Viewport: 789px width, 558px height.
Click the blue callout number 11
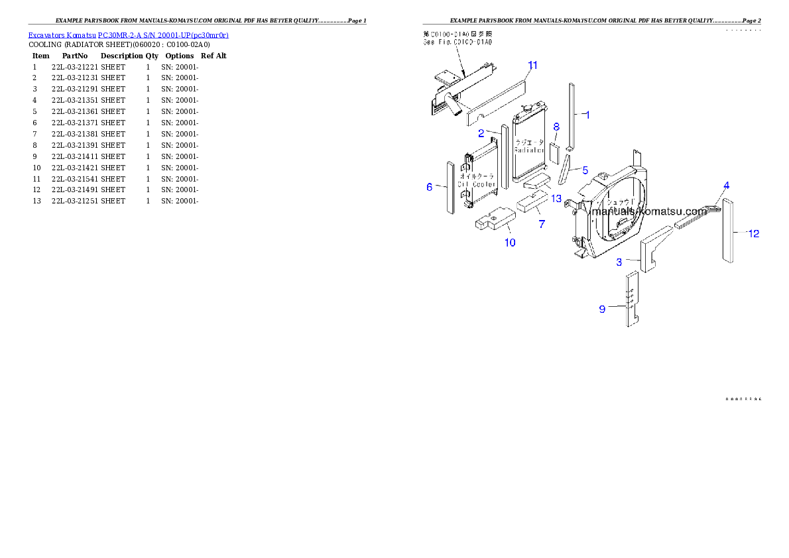pos(532,65)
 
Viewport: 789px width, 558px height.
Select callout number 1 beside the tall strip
pos(587,114)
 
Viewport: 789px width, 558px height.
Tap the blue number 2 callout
pos(481,133)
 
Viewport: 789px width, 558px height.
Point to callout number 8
pos(556,126)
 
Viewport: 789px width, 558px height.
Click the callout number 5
pos(585,170)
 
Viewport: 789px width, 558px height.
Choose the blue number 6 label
pos(429,188)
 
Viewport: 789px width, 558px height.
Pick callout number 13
pos(556,198)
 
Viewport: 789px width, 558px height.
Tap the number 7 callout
pos(542,224)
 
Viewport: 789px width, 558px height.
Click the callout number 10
pos(510,243)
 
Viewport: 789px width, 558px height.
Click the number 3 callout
pos(619,262)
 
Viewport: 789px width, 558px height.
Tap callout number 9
pos(602,309)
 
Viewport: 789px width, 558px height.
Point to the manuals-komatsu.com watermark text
pos(649,211)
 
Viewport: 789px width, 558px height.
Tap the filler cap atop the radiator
pos(528,108)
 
